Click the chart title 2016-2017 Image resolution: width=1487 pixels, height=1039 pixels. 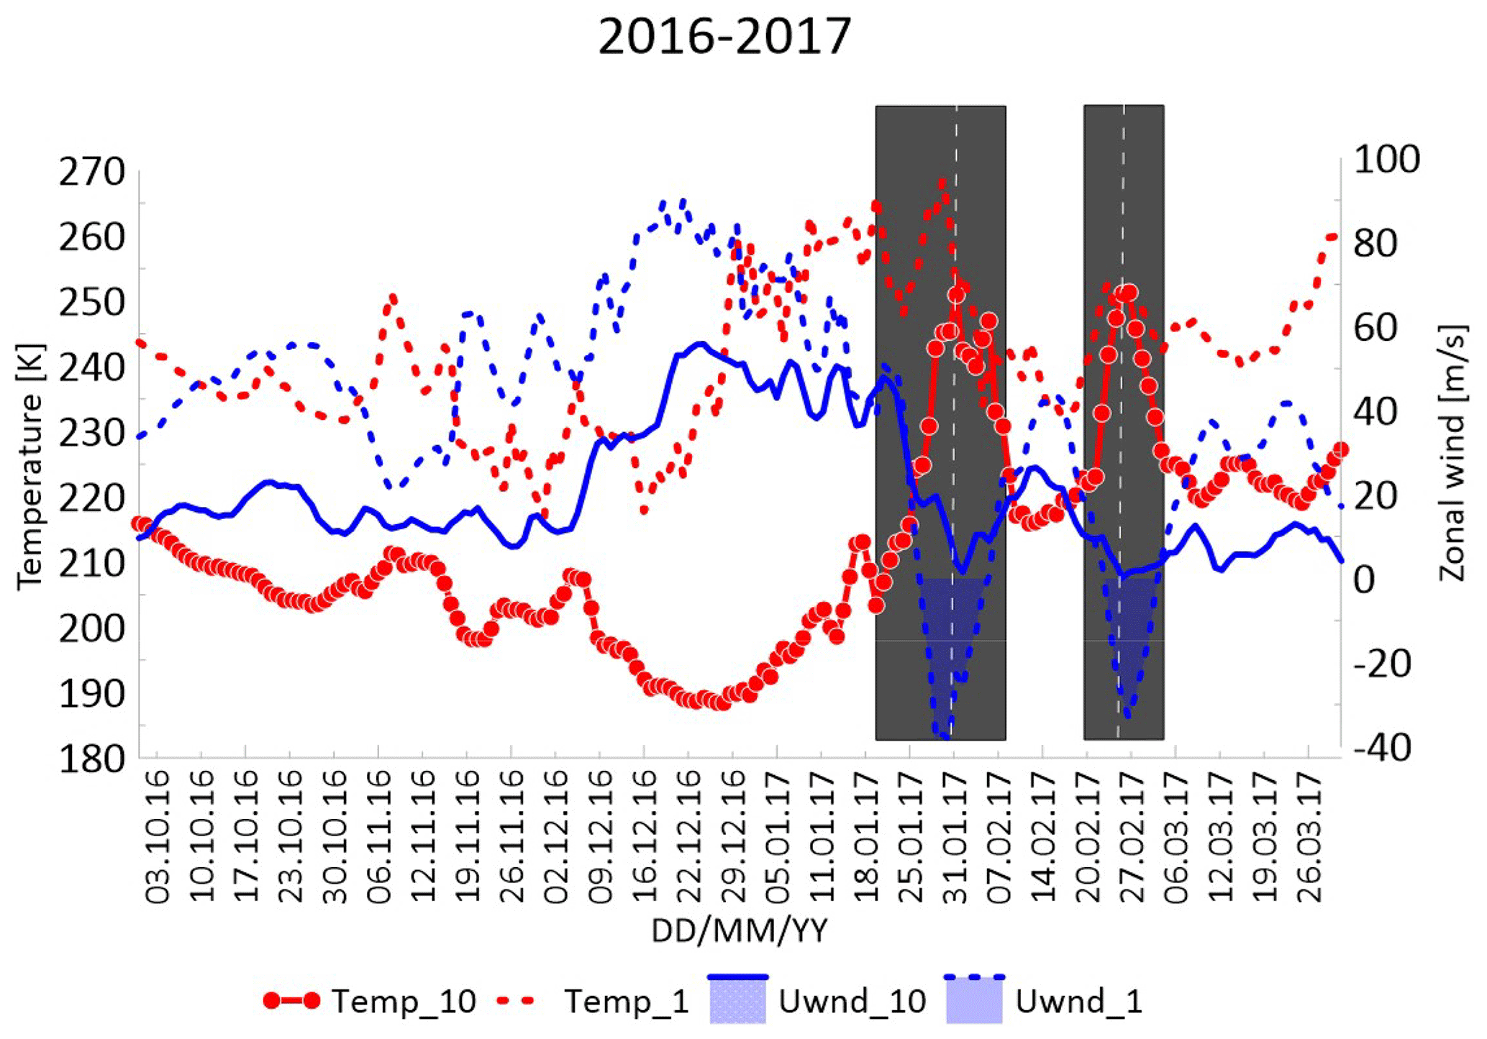click(x=724, y=37)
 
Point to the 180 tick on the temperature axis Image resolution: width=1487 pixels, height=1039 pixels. click(x=92, y=759)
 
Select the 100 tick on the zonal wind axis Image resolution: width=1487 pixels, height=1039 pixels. click(x=1386, y=159)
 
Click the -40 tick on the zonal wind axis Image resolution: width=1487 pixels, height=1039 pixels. click(x=1382, y=748)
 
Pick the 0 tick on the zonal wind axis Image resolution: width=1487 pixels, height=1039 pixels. click(x=1364, y=580)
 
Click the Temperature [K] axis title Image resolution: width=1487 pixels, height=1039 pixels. click(x=31, y=467)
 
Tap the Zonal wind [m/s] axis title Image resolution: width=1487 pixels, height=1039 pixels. click(x=1452, y=453)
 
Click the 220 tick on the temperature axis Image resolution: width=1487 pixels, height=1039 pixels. click(x=92, y=498)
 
